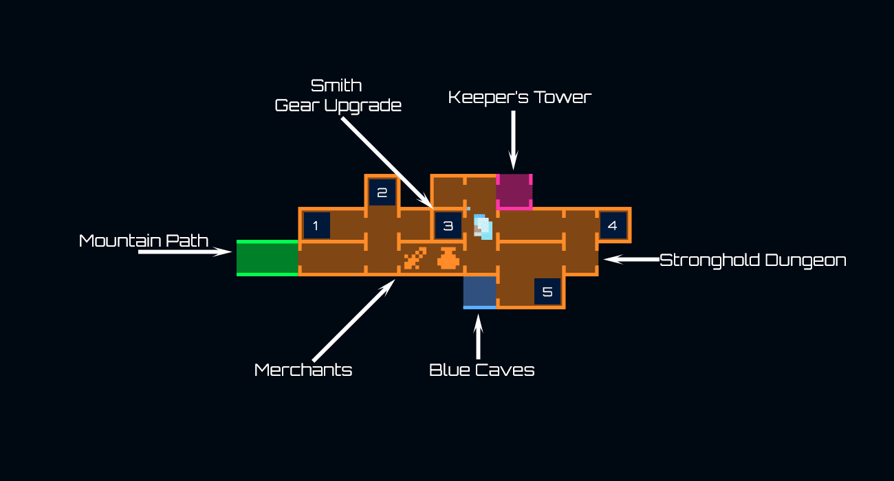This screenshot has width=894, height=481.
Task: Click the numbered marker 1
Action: click(316, 225)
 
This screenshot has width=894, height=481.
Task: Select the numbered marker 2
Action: click(382, 192)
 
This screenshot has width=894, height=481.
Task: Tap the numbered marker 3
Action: click(448, 225)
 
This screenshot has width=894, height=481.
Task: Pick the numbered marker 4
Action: click(613, 225)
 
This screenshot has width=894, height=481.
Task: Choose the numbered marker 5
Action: click(547, 291)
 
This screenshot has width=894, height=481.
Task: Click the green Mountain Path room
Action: click(268, 258)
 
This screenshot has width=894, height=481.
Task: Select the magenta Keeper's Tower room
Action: click(514, 191)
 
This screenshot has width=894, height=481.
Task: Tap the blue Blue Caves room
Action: click(479, 291)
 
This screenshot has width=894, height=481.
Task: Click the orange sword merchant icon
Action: click(415, 258)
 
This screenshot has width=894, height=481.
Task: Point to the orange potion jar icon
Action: click(448, 258)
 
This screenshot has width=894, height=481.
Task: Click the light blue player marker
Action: click(483, 226)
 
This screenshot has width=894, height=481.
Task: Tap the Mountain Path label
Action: click(144, 240)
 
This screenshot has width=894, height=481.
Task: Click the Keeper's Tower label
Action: click(519, 97)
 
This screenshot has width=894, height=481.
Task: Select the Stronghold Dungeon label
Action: click(752, 260)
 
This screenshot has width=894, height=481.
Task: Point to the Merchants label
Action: click(303, 370)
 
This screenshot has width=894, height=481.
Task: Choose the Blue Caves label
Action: click(481, 370)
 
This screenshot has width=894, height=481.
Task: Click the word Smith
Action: click(336, 86)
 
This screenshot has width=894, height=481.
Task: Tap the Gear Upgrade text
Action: click(338, 105)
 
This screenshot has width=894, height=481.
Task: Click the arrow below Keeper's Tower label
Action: click(512, 141)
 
